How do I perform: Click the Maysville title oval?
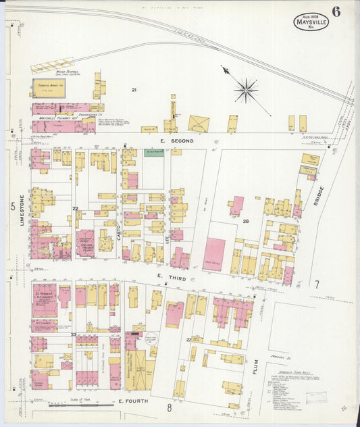[x=311, y=22]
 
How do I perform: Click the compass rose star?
[x=246, y=89]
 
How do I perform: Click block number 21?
[x=134, y=90]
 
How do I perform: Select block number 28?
[x=247, y=222]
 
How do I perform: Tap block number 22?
[x=76, y=209]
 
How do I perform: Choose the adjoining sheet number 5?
[x=12, y=207]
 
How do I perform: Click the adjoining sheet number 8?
[x=170, y=408]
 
